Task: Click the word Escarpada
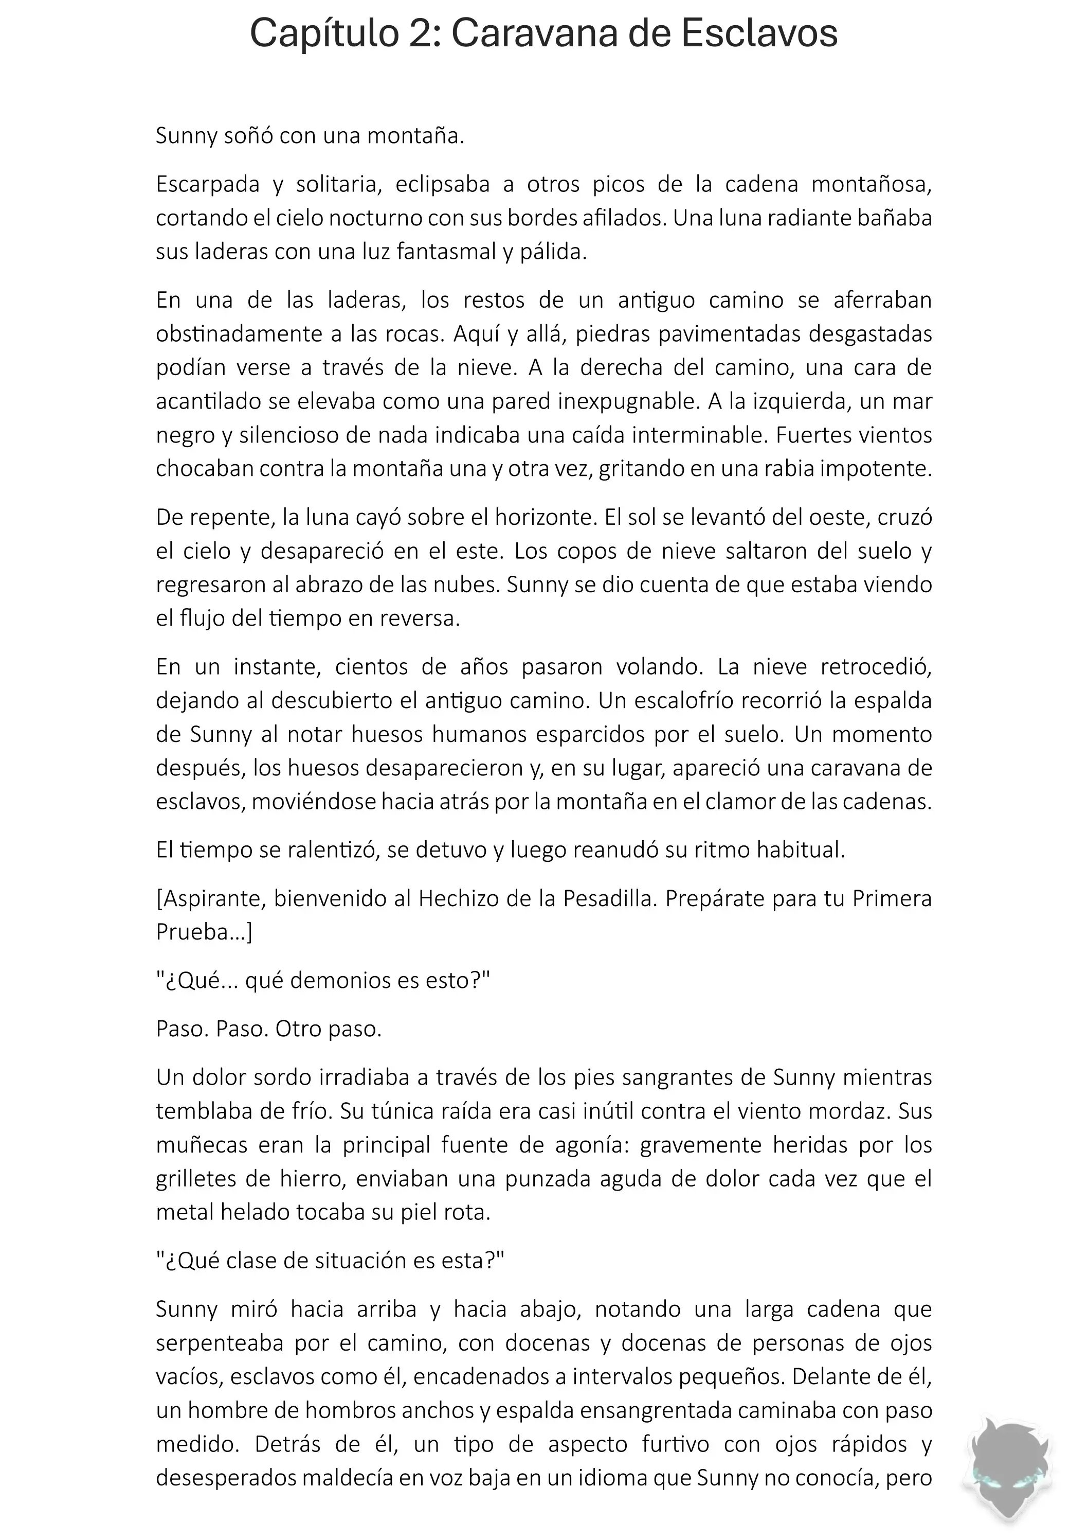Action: [208, 184]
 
